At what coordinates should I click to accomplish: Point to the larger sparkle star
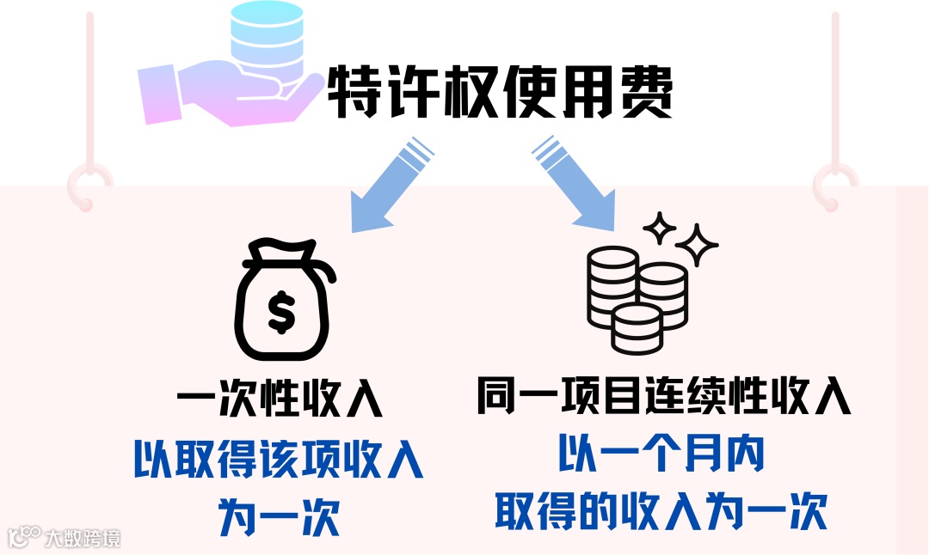697,245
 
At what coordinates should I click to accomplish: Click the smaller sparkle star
661,227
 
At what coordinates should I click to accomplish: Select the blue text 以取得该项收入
280,461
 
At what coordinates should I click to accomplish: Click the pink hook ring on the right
834,183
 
